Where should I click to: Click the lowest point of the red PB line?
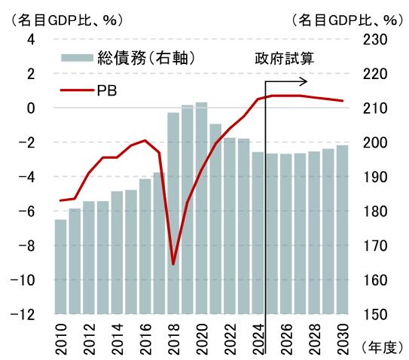point(173,264)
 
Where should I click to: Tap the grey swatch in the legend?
point(76,57)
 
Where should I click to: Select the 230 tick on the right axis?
point(377,39)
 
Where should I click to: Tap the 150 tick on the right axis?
point(377,314)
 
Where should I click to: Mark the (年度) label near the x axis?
point(384,346)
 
